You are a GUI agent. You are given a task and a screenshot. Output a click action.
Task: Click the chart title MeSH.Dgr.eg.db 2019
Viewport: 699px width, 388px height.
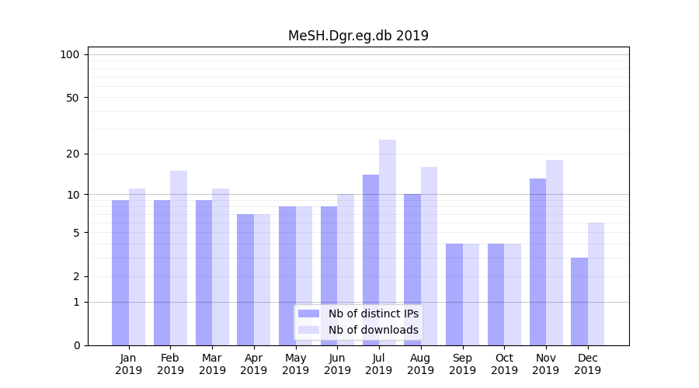pyautogui.click(x=358, y=36)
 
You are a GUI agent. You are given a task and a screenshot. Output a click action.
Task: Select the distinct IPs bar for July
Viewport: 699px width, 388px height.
pyautogui.click(x=370, y=260)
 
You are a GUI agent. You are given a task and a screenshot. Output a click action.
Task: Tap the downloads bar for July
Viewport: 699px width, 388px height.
pyautogui.click(x=388, y=242)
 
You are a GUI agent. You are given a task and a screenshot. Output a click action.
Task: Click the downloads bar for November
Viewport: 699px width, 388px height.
pyautogui.click(x=555, y=252)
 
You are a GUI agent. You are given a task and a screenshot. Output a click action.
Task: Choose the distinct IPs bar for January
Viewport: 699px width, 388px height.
pyautogui.click(x=120, y=272)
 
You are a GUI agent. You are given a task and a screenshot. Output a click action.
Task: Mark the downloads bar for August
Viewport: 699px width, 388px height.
pyautogui.click(x=429, y=256)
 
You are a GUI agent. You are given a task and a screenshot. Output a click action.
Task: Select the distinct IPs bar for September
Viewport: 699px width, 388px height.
pyautogui.click(x=454, y=294)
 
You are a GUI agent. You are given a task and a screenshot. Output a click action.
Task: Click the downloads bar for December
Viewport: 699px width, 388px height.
pyautogui.click(x=596, y=284)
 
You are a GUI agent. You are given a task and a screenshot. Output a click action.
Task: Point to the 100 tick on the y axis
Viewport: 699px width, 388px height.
pyautogui.click(x=70, y=54)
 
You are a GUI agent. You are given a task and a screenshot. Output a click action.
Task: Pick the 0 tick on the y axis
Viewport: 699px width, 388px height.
pyautogui.click(x=76, y=345)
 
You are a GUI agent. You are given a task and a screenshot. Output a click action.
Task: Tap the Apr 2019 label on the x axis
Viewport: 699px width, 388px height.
pyautogui.click(x=254, y=364)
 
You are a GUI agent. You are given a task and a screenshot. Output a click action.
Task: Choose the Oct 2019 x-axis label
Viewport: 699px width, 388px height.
pyautogui.click(x=504, y=364)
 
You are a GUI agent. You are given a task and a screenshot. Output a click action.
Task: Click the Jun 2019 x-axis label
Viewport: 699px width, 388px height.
pyautogui.click(x=337, y=364)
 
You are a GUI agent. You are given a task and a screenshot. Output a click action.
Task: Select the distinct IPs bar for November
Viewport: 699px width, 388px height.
pyautogui.click(x=537, y=262)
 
